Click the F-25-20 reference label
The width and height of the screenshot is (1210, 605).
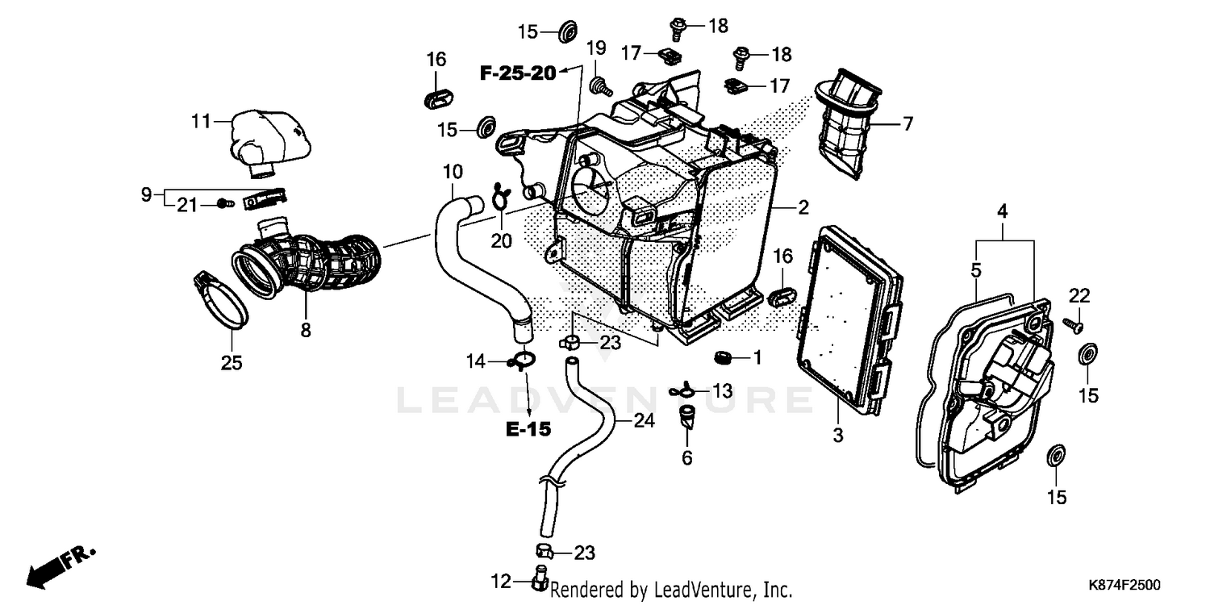518,73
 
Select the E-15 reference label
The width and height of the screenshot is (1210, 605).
528,429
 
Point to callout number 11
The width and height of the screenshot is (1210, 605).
201,122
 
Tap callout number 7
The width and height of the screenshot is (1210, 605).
907,124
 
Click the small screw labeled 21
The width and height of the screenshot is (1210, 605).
224,205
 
